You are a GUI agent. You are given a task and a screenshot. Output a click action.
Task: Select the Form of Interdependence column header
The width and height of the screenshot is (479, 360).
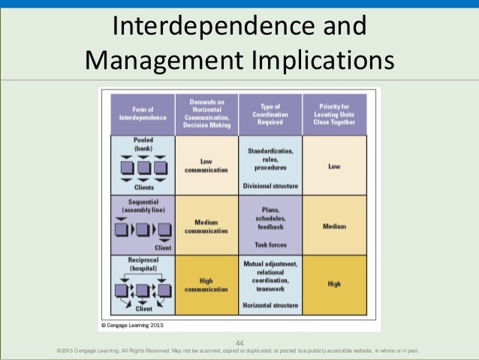tap(142, 113)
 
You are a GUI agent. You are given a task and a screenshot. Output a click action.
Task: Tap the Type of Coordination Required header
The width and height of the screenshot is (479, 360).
tap(270, 113)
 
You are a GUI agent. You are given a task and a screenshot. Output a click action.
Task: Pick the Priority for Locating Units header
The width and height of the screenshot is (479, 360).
tap(334, 113)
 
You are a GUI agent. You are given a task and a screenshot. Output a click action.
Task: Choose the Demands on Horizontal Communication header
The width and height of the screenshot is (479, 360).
tap(206, 113)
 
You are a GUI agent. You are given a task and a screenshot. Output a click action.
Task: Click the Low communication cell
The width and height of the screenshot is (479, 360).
tap(206, 165)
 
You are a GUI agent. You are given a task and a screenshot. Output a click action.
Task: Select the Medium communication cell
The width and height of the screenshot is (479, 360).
tap(206, 226)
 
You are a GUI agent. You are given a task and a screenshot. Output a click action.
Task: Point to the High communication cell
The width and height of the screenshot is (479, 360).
tap(206, 286)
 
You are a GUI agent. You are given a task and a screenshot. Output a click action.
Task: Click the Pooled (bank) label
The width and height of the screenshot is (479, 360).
tap(143, 144)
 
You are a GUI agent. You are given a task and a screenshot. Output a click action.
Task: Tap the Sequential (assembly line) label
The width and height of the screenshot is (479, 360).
tap(143, 206)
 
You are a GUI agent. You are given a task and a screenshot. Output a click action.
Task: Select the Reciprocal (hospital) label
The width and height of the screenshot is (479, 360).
tap(143, 264)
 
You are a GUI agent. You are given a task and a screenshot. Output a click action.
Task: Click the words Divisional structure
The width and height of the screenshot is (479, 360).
tap(270, 185)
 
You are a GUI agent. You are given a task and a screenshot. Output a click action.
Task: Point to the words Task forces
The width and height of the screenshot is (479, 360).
tap(270, 244)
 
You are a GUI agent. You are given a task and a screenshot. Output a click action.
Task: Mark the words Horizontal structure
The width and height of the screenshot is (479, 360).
tap(270, 305)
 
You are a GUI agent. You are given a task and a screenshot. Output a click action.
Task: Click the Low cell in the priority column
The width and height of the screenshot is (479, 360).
tap(334, 166)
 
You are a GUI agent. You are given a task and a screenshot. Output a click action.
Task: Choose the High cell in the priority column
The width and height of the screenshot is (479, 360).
tap(334, 284)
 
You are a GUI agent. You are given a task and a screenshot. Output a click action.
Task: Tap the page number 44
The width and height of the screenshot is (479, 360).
tap(239, 342)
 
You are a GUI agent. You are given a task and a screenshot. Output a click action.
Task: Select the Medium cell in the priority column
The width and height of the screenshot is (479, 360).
tap(334, 225)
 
